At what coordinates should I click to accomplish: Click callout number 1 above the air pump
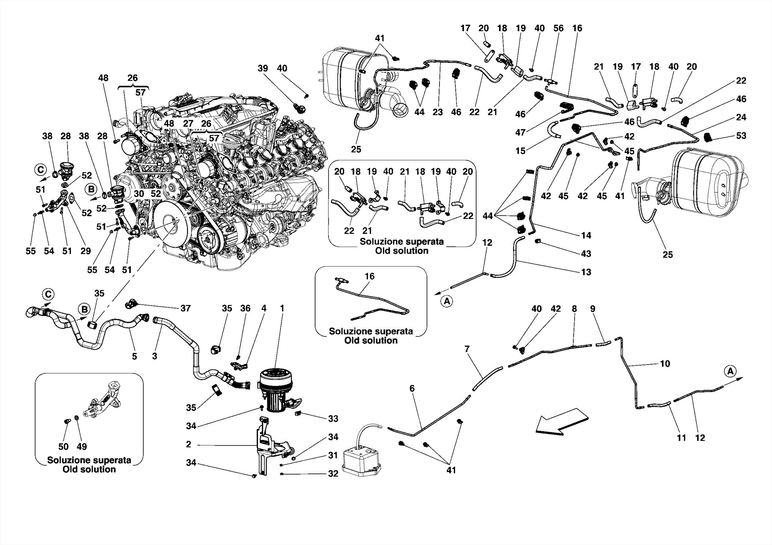pos(282,308)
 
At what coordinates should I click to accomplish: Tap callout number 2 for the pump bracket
pos(188,444)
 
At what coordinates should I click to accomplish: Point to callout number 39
pos(263,69)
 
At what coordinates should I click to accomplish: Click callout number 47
pos(521,133)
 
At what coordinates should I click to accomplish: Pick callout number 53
pos(741,136)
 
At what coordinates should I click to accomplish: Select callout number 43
pos(586,254)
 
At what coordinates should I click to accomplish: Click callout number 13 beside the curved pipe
pos(586,272)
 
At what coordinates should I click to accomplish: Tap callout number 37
pos(185,308)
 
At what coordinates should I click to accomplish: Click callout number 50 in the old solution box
pos(63,447)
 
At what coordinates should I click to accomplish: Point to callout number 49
pos(82,447)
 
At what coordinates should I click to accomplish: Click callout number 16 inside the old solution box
pos(369,276)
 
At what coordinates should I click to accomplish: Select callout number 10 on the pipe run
pos(665,364)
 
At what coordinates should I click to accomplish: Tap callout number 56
pos(558,28)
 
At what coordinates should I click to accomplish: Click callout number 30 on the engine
pos(139,194)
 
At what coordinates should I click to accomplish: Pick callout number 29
pos(86,251)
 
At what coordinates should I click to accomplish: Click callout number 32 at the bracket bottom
pos(333,474)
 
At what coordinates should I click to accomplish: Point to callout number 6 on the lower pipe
pos(412,388)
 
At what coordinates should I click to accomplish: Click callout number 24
pos(741,117)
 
